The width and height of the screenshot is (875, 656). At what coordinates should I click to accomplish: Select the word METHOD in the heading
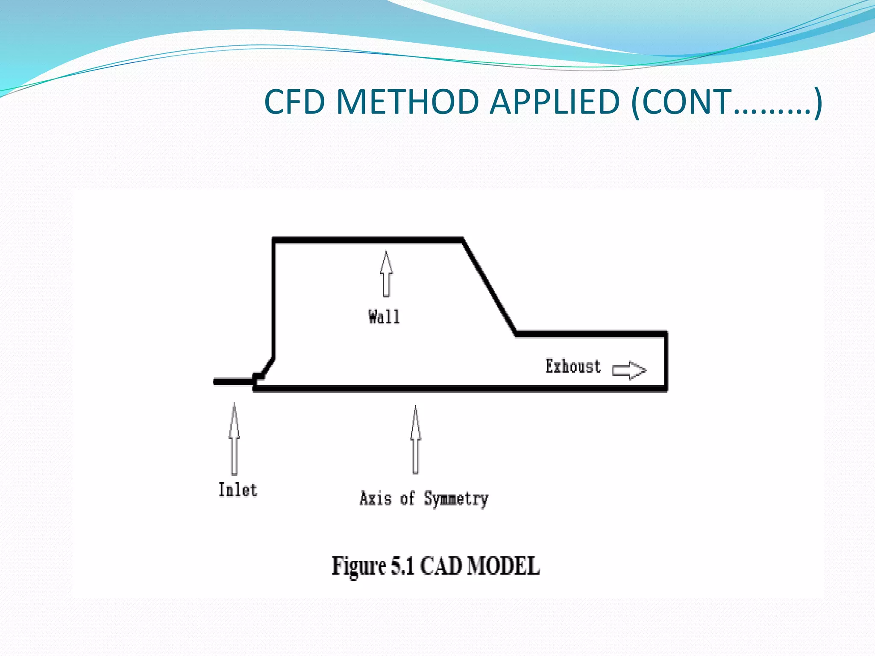tap(407, 102)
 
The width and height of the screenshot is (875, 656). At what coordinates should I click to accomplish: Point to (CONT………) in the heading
tap(726, 102)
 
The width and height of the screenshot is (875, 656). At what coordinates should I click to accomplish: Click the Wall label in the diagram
tap(384, 317)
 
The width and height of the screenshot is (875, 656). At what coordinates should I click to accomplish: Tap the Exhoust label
tap(573, 366)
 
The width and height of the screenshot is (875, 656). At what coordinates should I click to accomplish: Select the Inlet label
tap(238, 489)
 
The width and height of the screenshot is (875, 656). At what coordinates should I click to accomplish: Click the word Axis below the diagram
tap(376, 498)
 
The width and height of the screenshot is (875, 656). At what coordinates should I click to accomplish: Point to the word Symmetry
tap(456, 499)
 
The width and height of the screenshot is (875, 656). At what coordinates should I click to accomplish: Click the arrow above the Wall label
tap(386, 274)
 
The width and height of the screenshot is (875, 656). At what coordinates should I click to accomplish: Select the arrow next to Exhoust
tap(629, 370)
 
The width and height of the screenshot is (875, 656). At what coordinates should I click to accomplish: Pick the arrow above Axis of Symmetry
tap(416, 440)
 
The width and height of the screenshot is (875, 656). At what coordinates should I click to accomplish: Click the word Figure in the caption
tap(359, 566)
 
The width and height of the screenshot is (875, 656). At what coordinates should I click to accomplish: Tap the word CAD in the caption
tap(441, 566)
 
